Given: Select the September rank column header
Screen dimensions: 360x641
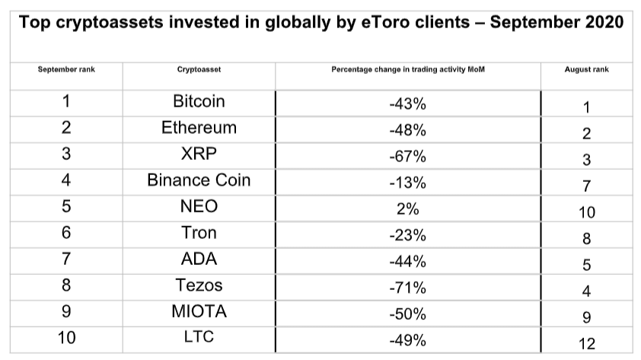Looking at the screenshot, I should click(x=66, y=69).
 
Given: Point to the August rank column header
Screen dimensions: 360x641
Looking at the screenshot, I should click(x=586, y=69).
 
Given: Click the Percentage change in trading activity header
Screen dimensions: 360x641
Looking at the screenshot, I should click(x=408, y=69).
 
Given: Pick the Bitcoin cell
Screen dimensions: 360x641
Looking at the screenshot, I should click(x=199, y=102).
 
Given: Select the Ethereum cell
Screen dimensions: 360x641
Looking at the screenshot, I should click(x=199, y=128).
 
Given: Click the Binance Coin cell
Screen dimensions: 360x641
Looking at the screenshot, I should click(x=199, y=180).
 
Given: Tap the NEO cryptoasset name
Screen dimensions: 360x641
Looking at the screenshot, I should click(x=199, y=206).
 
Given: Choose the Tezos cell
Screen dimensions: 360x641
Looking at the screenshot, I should click(x=199, y=285).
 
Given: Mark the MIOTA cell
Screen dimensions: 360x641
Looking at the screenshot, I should click(x=199, y=311).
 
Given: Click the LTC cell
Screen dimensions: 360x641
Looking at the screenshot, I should click(x=199, y=336).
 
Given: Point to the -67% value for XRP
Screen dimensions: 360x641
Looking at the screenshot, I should click(x=407, y=155).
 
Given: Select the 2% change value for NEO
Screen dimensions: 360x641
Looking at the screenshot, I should click(x=407, y=207).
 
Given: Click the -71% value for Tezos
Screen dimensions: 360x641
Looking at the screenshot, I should click(x=407, y=285).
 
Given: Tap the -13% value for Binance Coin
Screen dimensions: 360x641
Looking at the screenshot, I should click(x=407, y=181).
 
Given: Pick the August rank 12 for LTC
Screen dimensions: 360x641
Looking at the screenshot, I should click(x=586, y=344).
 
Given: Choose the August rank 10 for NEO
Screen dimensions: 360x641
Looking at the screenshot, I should click(x=586, y=212).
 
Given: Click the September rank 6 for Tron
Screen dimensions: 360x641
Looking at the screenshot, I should click(x=65, y=233).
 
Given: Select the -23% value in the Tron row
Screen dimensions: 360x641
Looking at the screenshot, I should click(x=407, y=234).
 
